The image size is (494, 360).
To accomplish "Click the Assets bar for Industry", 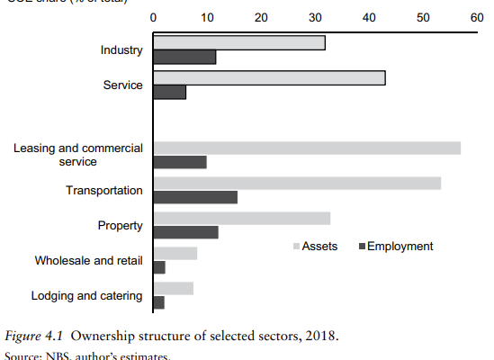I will tap(239, 42).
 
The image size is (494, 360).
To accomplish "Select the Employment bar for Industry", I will tap(185, 57).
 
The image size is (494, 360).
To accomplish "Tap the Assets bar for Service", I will tap(269, 77).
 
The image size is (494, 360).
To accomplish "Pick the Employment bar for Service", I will tap(170, 92).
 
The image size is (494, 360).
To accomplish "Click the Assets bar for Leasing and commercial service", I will tap(307, 148).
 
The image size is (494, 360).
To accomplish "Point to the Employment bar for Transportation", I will tap(195, 197).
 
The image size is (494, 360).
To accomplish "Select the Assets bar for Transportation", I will tap(297, 183).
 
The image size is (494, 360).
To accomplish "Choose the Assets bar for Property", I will tap(242, 218).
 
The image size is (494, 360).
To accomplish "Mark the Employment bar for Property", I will tap(186, 232).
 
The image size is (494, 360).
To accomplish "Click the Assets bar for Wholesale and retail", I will tap(175, 253).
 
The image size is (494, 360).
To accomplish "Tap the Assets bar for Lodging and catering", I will tap(174, 288).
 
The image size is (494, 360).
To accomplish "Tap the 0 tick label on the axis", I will tap(154, 17).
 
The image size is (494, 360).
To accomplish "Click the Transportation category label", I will tap(104, 190).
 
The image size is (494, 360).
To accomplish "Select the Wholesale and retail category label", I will tap(88, 260).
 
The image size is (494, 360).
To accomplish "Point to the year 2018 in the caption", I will tap(320, 337).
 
